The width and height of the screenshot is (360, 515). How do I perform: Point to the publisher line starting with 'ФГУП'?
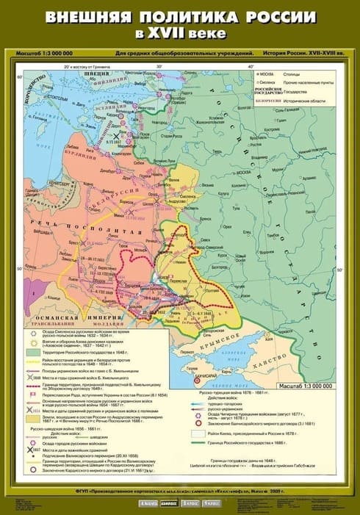pyautogui.click(x=180, y=489)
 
